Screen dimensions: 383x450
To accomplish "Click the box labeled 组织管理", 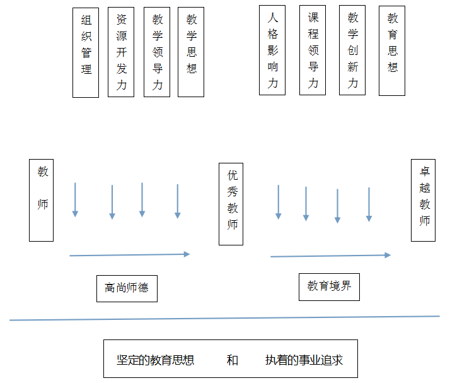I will (86, 53).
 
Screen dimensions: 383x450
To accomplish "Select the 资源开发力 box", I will (121, 53).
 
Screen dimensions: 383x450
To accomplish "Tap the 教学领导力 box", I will (157, 53).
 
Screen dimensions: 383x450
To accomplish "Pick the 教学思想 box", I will (191, 53).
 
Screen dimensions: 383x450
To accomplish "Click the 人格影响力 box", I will (272, 50).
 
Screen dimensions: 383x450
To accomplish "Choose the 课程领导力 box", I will (313, 50).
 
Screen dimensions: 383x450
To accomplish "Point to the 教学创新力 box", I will (352, 50).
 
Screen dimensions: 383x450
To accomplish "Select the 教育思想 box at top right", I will (392, 50).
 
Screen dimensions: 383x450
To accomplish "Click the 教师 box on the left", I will (42, 200).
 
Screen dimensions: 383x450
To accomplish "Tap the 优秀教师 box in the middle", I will (231, 204).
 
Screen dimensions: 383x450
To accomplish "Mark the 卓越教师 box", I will (424, 200).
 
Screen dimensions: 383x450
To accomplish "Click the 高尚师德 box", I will (127, 288).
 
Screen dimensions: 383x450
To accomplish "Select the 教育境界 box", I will (329, 286).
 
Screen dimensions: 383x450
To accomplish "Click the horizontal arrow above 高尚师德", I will (129, 255).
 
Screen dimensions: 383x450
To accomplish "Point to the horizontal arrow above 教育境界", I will (330, 256).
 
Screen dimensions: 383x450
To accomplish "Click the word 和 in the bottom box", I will (232, 360).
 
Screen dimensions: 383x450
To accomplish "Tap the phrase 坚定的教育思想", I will (155, 360).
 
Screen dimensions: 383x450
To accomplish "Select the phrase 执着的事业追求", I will (304, 360).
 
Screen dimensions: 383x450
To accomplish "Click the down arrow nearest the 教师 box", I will (75, 200).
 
